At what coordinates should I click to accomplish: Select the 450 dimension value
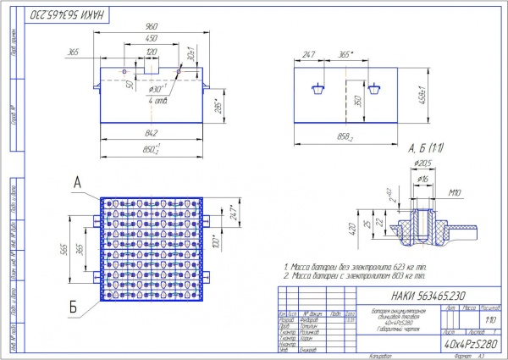point(152,39)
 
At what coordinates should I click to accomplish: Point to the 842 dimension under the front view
point(152,133)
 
